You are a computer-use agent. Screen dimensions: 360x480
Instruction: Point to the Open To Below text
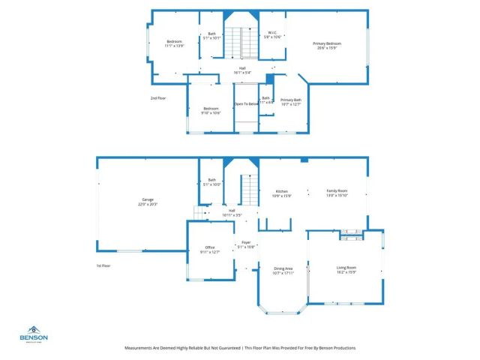[246, 104]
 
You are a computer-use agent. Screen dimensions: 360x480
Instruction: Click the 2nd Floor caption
[158, 98]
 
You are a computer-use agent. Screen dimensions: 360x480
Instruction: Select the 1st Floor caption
[103, 266]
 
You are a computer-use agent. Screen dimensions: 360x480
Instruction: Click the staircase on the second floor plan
[239, 43]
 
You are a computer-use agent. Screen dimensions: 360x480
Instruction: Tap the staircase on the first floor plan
[249, 191]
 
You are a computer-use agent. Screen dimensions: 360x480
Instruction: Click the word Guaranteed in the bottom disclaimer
[229, 348]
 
